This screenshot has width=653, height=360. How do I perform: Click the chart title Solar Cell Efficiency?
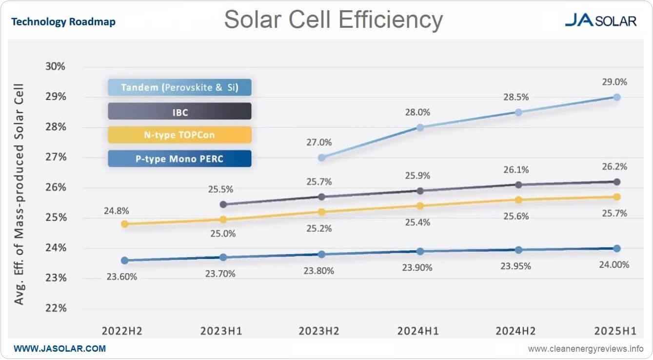333,20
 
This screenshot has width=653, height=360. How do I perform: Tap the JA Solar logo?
600,20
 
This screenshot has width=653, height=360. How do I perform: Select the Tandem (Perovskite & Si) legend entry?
179,88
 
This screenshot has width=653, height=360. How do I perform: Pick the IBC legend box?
179,112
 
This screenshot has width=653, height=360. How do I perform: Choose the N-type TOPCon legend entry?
179,135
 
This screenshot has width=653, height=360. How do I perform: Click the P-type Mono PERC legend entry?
179,159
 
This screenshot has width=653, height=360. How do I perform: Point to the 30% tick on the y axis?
55,66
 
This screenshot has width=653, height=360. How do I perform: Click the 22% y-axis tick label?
55,308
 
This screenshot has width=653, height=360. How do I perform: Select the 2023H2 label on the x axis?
319,331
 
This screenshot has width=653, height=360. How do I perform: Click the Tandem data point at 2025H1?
616,97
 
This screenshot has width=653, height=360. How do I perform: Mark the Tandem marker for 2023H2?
321,158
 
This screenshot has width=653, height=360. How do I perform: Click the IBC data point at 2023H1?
223,204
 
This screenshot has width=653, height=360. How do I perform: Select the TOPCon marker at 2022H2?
124,224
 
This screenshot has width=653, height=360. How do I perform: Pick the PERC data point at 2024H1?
420,251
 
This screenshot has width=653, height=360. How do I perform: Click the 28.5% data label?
516,97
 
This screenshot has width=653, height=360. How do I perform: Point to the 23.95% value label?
516,267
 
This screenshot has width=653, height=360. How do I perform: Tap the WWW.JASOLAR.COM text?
59,349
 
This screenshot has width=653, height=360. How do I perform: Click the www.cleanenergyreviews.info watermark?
586,349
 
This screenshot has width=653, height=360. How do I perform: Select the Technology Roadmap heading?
63,22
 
